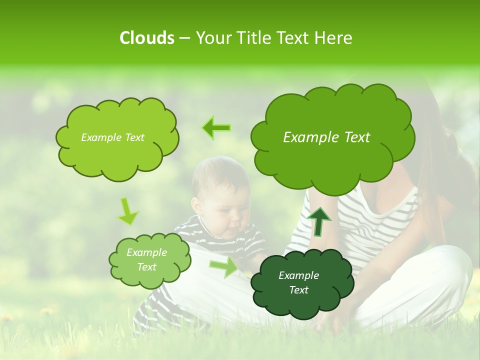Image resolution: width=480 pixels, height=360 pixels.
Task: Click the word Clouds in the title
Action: pos(146,38)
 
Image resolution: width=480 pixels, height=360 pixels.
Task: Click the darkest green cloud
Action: pos(301,282)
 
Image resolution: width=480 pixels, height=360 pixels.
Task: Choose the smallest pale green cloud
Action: pos(149,260)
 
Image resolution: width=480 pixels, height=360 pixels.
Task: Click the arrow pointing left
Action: pos(217,127)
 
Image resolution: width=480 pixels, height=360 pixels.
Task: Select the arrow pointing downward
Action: pos(127,212)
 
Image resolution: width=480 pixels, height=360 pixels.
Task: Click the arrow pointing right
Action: pos(224,266)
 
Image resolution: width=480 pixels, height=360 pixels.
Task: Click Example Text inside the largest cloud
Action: pos(326,137)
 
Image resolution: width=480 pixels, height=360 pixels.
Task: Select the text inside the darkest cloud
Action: pos(298,282)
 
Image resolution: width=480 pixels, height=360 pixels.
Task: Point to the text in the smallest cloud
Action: pos(146,260)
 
